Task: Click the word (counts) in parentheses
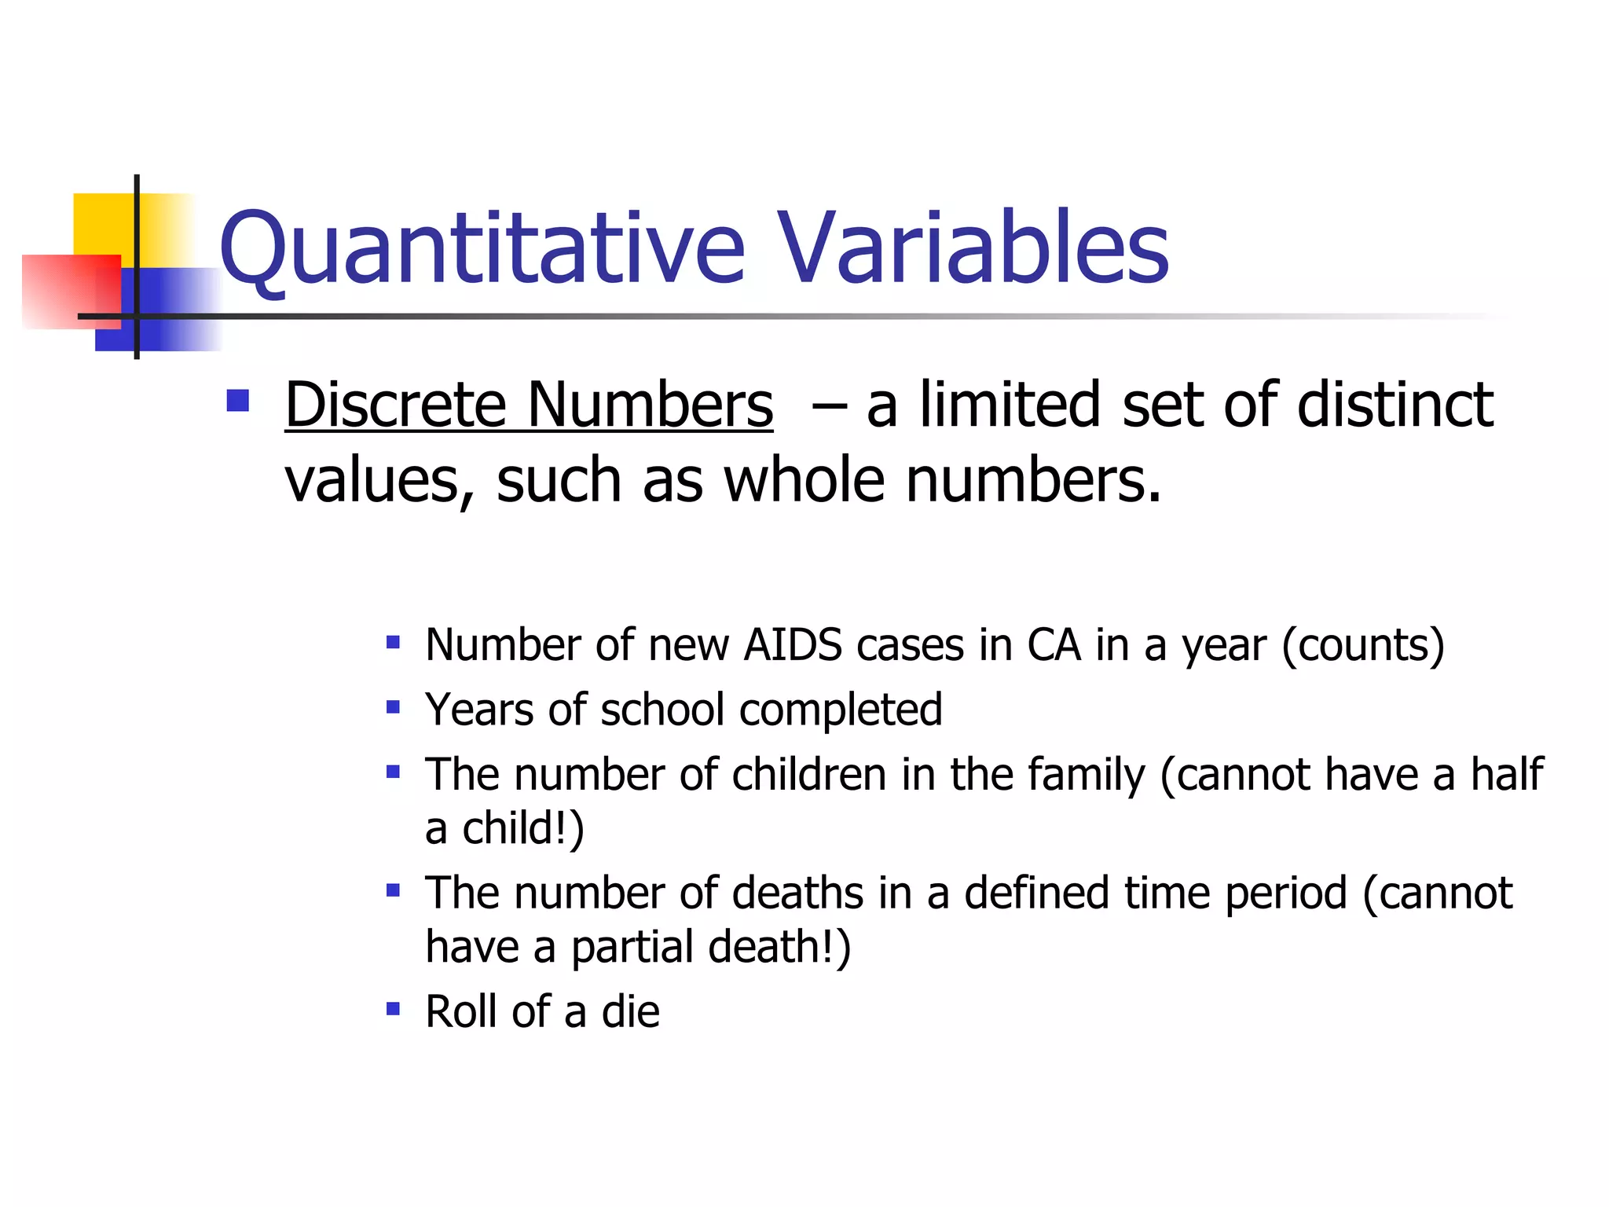coord(1362,647)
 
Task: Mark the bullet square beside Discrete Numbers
coord(237,401)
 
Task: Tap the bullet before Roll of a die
coord(393,1008)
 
